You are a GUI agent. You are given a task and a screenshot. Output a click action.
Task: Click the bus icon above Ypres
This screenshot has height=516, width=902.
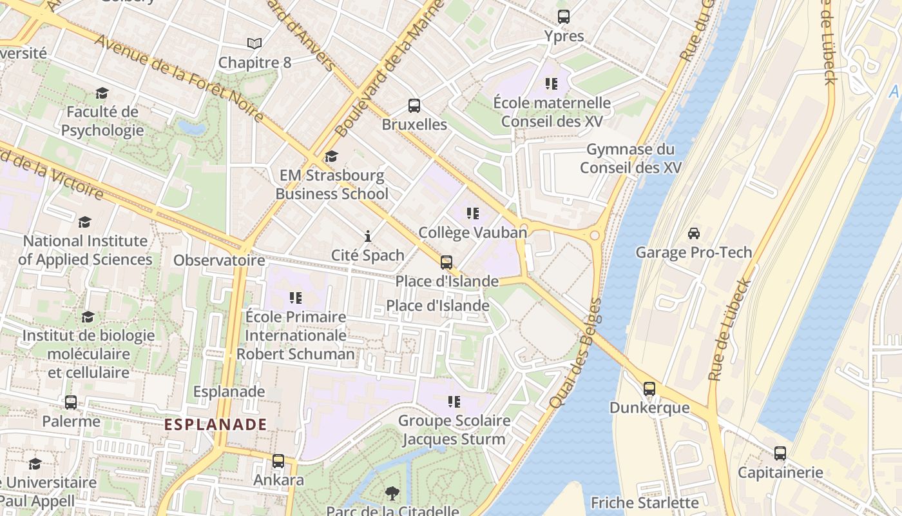[564, 17]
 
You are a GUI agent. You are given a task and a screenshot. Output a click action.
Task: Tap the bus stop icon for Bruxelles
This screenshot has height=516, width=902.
[414, 106]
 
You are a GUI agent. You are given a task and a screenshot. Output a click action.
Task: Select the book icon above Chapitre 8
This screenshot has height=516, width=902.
[254, 43]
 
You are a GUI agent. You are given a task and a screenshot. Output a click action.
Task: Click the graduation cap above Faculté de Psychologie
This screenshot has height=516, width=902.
[102, 94]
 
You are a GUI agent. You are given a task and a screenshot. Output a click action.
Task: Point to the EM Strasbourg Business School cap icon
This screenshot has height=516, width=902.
[331, 157]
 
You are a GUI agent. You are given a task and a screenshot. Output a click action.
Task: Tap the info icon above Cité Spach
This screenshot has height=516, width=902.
[368, 236]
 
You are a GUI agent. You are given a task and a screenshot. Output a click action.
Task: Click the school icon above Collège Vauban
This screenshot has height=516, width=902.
[473, 213]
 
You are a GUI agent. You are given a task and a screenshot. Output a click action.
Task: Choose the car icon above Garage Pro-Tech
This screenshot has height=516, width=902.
[694, 233]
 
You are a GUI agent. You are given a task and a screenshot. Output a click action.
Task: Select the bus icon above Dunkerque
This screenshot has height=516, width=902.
[649, 389]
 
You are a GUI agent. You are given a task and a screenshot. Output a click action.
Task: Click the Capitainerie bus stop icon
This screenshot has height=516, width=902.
[780, 453]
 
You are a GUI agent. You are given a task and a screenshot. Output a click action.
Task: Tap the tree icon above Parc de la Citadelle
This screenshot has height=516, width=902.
[392, 493]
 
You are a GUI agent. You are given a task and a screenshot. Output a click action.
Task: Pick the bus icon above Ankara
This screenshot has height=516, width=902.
[278, 461]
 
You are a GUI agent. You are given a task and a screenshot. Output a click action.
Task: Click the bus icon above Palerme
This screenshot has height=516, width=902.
[71, 402]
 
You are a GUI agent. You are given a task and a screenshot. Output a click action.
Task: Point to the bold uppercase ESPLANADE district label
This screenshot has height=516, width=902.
[215, 424]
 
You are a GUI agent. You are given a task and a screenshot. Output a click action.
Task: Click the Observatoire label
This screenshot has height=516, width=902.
[219, 261]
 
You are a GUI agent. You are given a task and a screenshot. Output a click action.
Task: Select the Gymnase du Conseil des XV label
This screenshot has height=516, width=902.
[630, 159]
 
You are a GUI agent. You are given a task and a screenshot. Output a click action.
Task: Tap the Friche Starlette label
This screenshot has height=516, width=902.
[644, 502]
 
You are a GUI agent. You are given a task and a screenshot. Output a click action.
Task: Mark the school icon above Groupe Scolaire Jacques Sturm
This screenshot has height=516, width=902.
[454, 402]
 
